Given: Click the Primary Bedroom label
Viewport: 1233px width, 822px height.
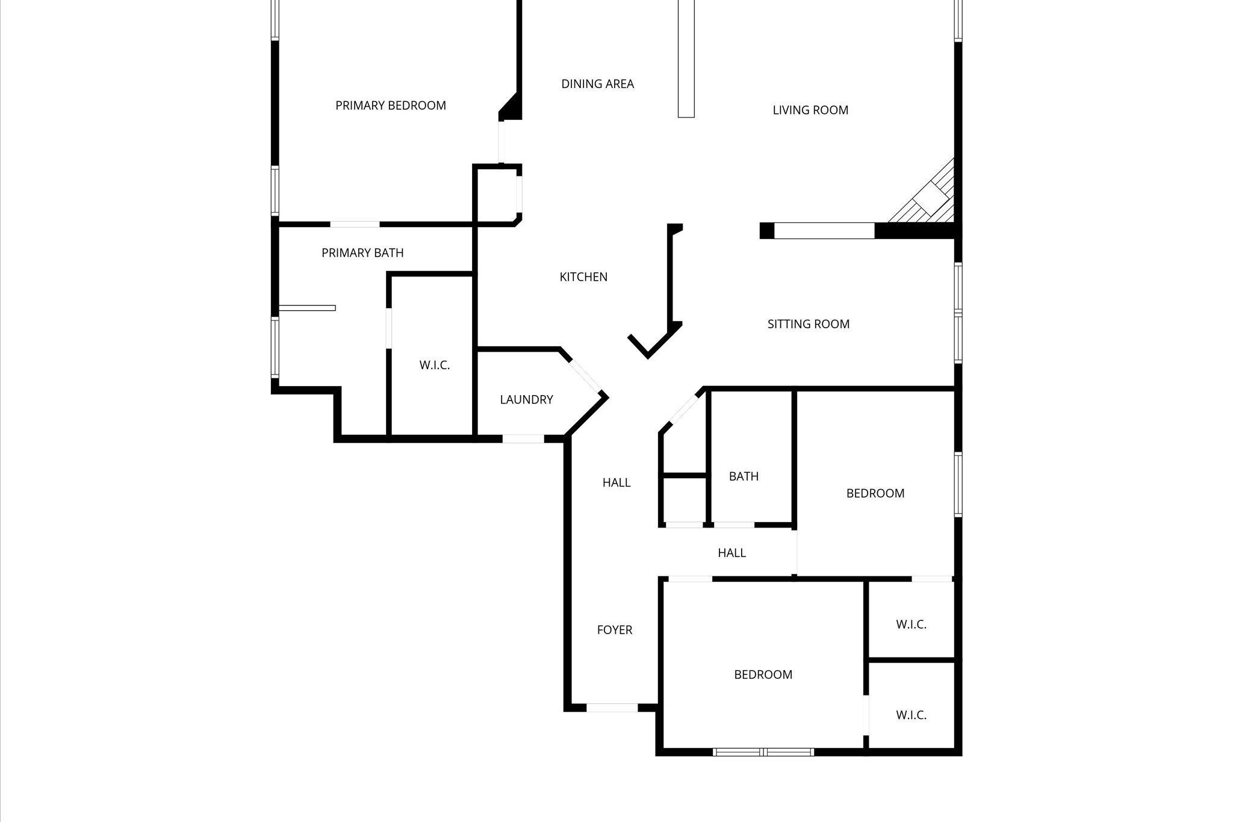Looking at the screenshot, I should click(390, 105).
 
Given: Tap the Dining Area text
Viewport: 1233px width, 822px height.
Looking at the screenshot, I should click(597, 84).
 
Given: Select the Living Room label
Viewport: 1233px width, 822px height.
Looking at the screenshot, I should click(810, 110).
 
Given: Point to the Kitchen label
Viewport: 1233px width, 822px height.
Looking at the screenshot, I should click(583, 277).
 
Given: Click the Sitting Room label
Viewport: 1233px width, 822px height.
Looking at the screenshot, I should click(808, 324).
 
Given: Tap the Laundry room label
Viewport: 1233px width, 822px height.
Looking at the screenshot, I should click(526, 399).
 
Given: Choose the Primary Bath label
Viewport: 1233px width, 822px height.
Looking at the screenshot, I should click(362, 253).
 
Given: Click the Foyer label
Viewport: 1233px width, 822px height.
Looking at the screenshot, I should click(614, 630).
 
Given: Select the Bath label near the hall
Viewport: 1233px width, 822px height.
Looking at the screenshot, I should click(744, 476).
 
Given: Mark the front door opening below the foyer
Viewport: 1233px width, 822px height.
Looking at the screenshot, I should click(612, 708).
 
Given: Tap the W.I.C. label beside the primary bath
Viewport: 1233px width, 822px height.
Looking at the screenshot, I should click(434, 365).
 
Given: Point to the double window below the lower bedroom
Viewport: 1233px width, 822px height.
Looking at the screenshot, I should click(763, 752).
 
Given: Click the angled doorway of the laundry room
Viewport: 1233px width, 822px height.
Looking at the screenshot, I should click(586, 376).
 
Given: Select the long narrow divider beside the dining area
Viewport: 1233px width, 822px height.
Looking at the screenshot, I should click(686, 58).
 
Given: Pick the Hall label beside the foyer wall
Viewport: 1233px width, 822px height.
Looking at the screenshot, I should click(616, 482).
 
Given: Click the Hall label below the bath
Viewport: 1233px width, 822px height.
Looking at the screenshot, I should click(731, 553).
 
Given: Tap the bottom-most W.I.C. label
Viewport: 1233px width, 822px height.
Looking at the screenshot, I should click(910, 715).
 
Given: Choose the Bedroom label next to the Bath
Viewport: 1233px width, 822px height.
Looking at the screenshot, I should click(875, 493).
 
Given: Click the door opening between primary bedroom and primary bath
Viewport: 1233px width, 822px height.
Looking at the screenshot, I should click(355, 224).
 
